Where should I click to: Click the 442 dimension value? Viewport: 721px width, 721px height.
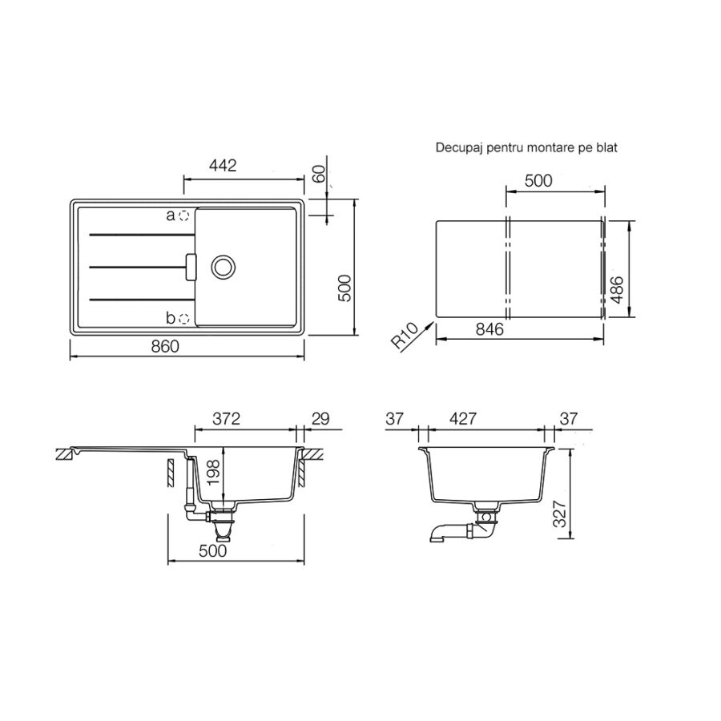[x=223, y=166]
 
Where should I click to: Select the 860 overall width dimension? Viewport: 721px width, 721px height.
[x=166, y=346]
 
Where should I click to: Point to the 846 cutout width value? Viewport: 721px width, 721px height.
[x=489, y=329]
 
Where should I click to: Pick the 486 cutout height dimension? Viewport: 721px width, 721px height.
[x=617, y=290]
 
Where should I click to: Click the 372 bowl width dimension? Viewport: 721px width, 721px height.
[x=226, y=419]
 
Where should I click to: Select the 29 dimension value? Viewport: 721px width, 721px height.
[x=320, y=419]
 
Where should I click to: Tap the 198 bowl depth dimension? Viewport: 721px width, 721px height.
[x=214, y=472]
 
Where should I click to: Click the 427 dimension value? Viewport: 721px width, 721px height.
[x=463, y=419]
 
